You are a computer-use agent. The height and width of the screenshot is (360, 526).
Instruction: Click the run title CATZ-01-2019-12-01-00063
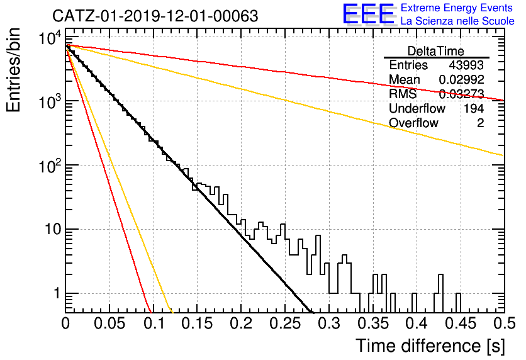[x=155, y=16]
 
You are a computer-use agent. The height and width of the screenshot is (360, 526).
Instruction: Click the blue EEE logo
[x=368, y=14]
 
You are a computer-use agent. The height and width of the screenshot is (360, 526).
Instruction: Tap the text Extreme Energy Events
[x=457, y=8]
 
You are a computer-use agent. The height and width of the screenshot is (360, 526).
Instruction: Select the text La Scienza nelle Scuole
[x=457, y=21]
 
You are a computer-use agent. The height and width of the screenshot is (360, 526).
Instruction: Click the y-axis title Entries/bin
[x=13, y=70]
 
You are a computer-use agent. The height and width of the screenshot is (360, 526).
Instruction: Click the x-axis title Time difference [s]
[x=430, y=346]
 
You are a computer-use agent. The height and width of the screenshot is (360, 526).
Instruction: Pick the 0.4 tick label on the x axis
[x=417, y=323]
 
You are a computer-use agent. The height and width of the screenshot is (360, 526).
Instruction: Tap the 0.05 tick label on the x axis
[x=109, y=323]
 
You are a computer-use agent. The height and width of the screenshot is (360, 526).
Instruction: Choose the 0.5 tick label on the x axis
[x=504, y=323]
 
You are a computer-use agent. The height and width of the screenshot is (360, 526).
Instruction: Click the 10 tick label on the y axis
[x=52, y=230]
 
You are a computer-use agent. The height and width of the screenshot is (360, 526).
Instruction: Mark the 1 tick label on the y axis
[x=57, y=293]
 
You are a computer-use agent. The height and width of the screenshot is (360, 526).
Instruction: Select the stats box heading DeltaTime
[x=436, y=51]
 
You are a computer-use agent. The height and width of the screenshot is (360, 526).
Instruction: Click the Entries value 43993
[x=466, y=65]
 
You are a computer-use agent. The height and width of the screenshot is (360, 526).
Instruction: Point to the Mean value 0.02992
[x=462, y=79]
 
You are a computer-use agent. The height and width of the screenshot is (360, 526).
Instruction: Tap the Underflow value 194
[x=474, y=108]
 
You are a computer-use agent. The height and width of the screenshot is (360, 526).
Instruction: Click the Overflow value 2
[x=480, y=123]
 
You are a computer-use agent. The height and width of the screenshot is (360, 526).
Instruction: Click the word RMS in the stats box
[x=403, y=94]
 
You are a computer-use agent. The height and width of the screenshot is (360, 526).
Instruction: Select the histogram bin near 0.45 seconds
[x=458, y=303]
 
